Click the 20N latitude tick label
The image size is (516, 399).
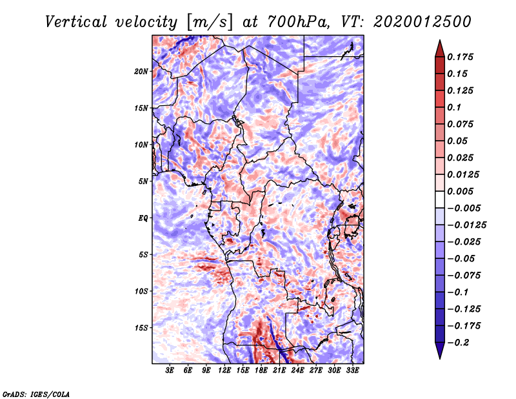point(141,71)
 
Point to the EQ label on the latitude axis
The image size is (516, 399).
point(143,218)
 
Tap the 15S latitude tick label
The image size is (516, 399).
point(141,328)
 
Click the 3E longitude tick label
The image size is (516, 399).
point(170,371)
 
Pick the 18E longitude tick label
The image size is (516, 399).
point(261,371)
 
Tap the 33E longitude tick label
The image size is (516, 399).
point(352,371)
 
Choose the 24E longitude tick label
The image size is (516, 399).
point(298,371)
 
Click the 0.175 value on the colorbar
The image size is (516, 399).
point(461,57)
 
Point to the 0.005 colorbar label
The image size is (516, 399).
point(461,191)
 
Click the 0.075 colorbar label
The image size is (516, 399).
point(461,124)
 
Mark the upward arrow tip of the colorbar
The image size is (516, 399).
point(439,42)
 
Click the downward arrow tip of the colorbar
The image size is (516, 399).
point(439,357)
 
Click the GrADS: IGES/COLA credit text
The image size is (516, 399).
point(35,393)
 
